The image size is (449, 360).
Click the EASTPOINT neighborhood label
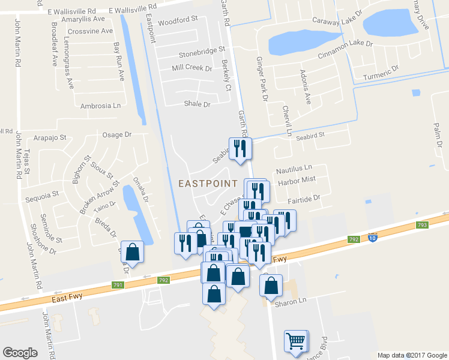pyautogui.click(x=208, y=182)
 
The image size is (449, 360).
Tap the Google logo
pyautogui.click(x=20, y=352)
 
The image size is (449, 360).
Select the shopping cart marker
pyautogui.click(x=295, y=341)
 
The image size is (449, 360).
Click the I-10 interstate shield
pyautogui.click(x=373, y=238)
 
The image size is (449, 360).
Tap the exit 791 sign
pyautogui.click(x=117, y=285)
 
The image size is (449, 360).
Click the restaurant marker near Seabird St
pyautogui.click(x=240, y=149)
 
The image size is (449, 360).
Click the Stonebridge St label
pyautogui.click(x=197, y=50)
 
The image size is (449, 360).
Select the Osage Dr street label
pyautogui.click(x=117, y=135)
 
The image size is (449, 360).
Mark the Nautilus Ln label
pyautogui.click(x=294, y=169)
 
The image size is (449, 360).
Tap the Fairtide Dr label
pyautogui.click(x=304, y=197)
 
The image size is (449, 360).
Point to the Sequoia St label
pyautogui.click(x=41, y=194)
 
